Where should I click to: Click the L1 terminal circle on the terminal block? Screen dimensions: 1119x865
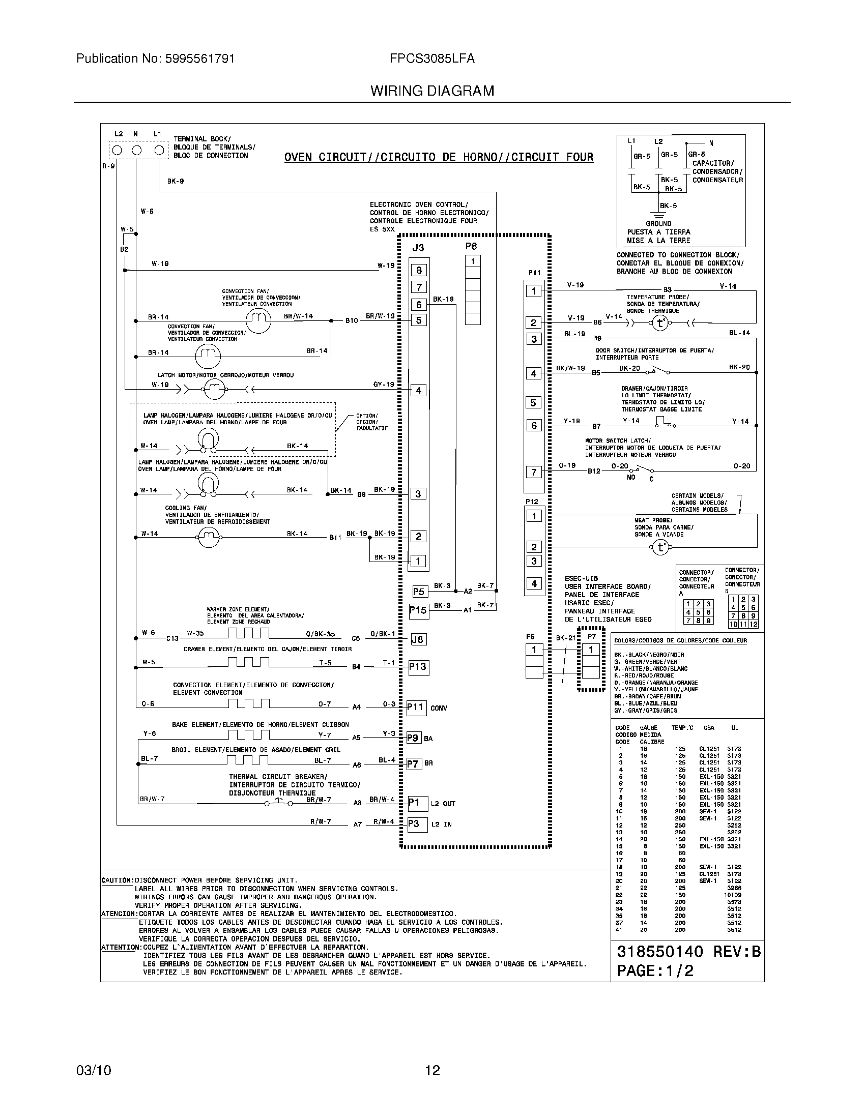click(159, 150)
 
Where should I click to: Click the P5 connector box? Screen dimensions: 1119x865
click(419, 592)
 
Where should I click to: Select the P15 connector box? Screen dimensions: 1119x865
click(418, 610)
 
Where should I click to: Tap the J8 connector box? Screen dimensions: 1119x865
click(418, 639)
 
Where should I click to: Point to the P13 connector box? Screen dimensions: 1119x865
click(418, 667)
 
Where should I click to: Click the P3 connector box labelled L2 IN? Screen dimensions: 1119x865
click(417, 824)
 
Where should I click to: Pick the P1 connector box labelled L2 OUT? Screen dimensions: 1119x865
click(417, 803)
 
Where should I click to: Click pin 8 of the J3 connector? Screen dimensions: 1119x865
click(419, 270)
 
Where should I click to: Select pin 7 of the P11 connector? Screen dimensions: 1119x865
click(534, 472)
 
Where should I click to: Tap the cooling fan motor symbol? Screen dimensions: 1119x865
click(208, 537)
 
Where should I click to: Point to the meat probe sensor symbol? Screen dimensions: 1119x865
click(660, 548)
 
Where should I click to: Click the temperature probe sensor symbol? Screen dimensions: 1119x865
click(660, 323)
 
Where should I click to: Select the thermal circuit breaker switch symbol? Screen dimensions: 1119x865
click(279, 803)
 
